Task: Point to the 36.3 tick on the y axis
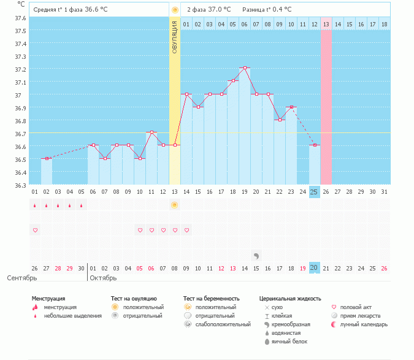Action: (x=21, y=185)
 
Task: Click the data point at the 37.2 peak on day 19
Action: (x=245, y=68)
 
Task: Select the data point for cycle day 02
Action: (x=47, y=158)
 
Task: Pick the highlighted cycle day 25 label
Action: (x=315, y=192)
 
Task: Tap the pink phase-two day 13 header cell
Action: (x=326, y=24)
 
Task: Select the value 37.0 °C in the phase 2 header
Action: (x=218, y=10)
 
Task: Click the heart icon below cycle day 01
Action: (x=35, y=230)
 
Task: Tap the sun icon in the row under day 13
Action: (x=175, y=205)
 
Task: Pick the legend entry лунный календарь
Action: (x=365, y=324)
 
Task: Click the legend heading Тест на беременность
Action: (x=209, y=299)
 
